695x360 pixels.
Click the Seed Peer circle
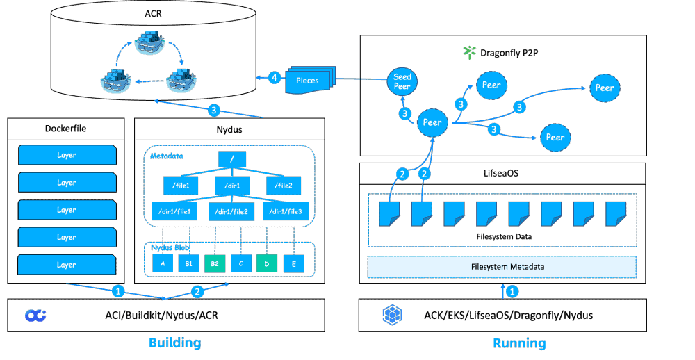point(402,82)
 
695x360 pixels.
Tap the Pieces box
point(308,81)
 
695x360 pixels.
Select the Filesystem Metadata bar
point(502,267)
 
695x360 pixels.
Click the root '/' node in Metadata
point(232,159)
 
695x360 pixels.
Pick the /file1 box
point(181,186)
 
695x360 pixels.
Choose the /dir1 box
point(232,186)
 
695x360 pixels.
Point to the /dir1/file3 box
point(285,211)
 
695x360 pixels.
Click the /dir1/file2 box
point(232,211)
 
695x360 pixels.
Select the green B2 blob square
point(215,263)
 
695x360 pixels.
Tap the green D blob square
point(268,263)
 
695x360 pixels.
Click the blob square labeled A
point(163,263)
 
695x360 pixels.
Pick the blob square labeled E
point(294,263)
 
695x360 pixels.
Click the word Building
point(174,343)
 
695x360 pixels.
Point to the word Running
point(519,343)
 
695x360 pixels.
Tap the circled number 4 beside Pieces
point(275,78)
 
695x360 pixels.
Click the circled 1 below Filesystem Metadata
point(512,291)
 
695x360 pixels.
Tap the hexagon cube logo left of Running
point(393,315)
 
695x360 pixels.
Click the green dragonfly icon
point(471,51)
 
